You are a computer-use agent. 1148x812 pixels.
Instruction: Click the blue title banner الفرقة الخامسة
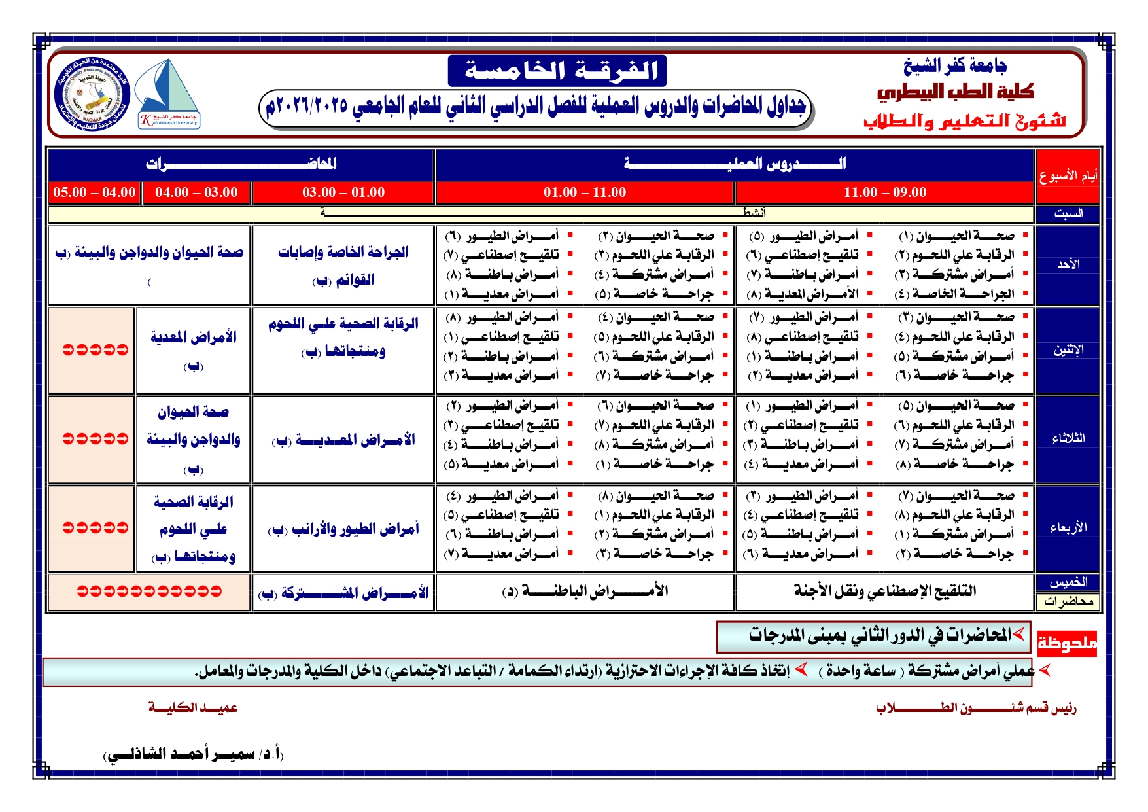coord(557,71)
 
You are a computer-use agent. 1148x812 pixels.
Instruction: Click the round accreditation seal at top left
coord(93,94)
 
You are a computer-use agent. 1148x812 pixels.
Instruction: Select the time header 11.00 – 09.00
coord(884,192)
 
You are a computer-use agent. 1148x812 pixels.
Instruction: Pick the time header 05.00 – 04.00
coord(94,192)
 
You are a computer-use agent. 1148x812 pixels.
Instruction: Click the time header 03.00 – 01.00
coord(343,192)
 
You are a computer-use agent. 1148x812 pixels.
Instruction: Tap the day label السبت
coord(1068,213)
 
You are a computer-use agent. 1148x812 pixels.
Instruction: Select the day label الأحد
coord(1068,264)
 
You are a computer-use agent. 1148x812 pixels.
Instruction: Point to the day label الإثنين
coord(1068,350)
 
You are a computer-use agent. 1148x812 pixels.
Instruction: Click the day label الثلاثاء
coord(1068,438)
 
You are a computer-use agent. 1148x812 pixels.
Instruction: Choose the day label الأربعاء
coord(1068,528)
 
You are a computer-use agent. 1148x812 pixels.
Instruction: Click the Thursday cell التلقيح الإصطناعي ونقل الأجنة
coord(884,591)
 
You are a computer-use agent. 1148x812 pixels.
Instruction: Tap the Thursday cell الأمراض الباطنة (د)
coord(585,591)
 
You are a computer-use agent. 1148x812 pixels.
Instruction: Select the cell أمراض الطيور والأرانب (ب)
coord(343,529)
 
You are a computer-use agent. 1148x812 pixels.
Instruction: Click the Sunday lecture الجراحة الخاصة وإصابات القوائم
coord(343,265)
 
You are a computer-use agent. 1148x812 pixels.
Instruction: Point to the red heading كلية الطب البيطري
coord(955,92)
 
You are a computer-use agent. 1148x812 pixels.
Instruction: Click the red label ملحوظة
coord(1067,643)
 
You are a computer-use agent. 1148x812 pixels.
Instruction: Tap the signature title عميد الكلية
coord(193,707)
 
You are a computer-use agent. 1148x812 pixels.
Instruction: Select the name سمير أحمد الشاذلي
coord(194,754)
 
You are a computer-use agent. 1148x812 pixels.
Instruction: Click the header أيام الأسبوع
coord(1068,176)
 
